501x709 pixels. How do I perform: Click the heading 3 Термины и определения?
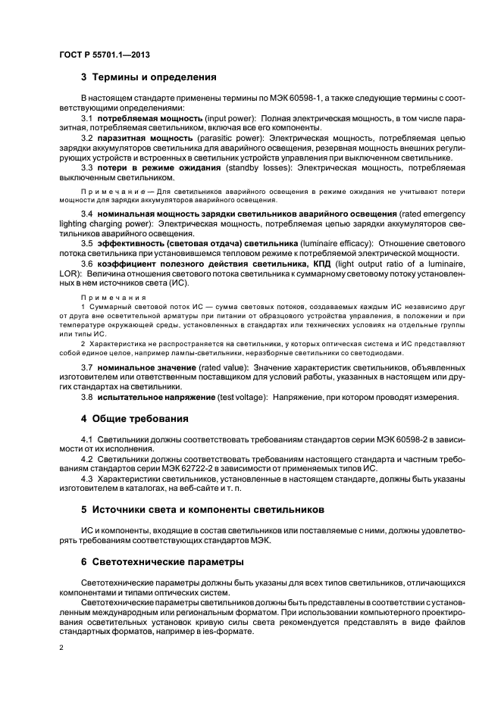click(x=149, y=77)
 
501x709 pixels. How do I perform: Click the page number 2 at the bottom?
click(x=61, y=648)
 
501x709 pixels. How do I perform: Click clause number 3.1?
click(x=86, y=119)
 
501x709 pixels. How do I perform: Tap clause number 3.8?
click(x=86, y=396)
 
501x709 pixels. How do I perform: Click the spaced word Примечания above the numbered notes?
click(x=108, y=298)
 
